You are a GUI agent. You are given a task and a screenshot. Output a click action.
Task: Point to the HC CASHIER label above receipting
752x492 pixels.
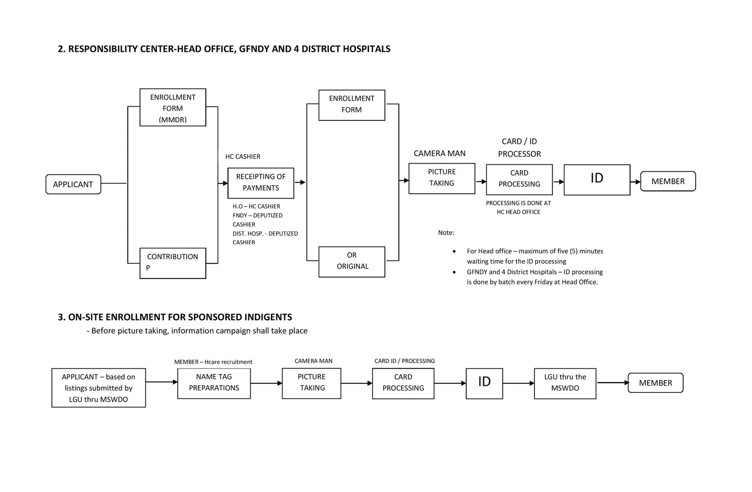243,157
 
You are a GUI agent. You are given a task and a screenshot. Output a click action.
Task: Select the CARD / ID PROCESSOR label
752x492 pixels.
519,148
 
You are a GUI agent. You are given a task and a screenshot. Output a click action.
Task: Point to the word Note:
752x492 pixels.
446,232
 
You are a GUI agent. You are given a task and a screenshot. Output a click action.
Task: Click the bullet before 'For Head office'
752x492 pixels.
454,251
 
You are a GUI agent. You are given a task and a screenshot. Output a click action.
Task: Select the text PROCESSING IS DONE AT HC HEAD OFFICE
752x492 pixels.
518,207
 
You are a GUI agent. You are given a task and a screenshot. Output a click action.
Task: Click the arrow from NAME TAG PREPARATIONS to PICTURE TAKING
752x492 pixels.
266,383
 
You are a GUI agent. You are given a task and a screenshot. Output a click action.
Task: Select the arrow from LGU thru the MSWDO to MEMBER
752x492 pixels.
613,382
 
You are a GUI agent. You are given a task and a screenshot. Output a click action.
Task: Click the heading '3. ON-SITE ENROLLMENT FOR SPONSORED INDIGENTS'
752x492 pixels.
175,317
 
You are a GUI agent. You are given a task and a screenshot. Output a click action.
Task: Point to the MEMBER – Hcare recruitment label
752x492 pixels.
213,362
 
